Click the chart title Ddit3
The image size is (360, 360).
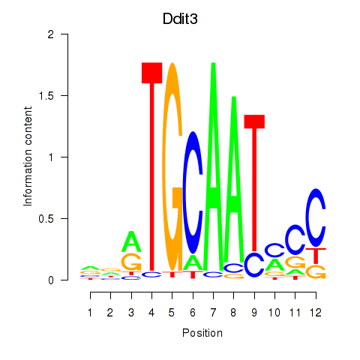coord(180,19)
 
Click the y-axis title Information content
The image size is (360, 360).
coord(28,157)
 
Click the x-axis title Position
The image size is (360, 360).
coord(202,333)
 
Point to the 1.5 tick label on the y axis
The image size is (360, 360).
coord(46,96)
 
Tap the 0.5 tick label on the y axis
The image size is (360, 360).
coord(46,219)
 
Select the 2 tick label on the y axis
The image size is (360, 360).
coord(51,34)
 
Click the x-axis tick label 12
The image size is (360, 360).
coord(316,313)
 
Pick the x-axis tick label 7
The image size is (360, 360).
coord(213,313)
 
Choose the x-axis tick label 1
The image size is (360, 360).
coord(90,313)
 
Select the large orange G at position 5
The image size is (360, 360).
coord(172,166)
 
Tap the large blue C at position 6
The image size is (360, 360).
coord(193,193)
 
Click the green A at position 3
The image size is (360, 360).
coord(131,241)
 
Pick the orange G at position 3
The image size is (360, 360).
coord(131,262)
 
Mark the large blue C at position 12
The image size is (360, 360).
coord(316,217)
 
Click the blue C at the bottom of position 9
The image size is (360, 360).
coord(254,265)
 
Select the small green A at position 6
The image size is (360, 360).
coord(193,262)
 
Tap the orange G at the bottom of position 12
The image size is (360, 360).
coord(316,272)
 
